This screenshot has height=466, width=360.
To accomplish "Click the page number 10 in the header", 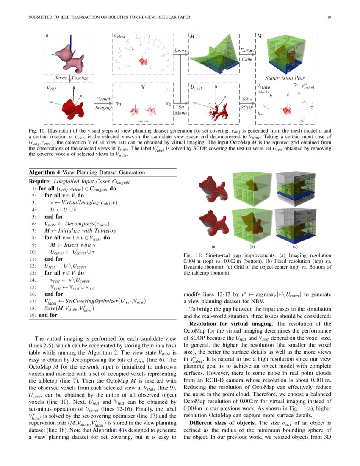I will click(x=329, y=17).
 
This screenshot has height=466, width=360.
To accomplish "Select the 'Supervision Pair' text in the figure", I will click(x=285, y=78).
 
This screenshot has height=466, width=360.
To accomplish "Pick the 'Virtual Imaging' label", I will click(x=103, y=103).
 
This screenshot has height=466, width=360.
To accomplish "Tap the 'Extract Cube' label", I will click(x=247, y=55).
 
